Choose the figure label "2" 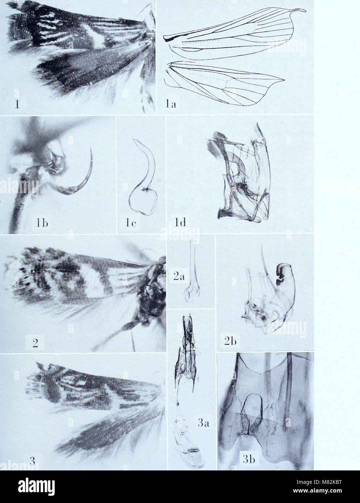point(35,342)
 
